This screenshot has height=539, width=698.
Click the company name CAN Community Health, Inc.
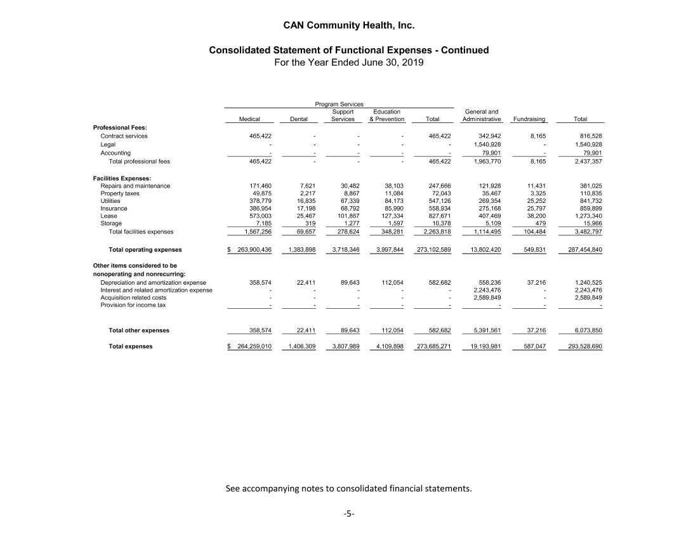tap(348, 26)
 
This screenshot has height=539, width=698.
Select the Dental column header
tap(299, 119)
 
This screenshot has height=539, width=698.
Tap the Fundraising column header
tap(529, 119)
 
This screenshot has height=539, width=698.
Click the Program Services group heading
tap(339, 104)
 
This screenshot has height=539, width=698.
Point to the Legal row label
tap(108, 145)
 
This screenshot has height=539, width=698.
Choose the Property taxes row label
tap(120, 193)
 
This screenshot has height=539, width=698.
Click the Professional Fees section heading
tap(120, 127)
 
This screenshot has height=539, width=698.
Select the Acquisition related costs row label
tap(133, 297)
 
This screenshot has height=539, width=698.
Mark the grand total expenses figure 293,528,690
tap(580, 347)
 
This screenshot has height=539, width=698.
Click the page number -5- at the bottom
tap(348, 514)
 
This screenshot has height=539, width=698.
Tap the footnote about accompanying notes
tap(349, 489)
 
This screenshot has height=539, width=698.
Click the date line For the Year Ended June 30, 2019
tap(348, 63)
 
